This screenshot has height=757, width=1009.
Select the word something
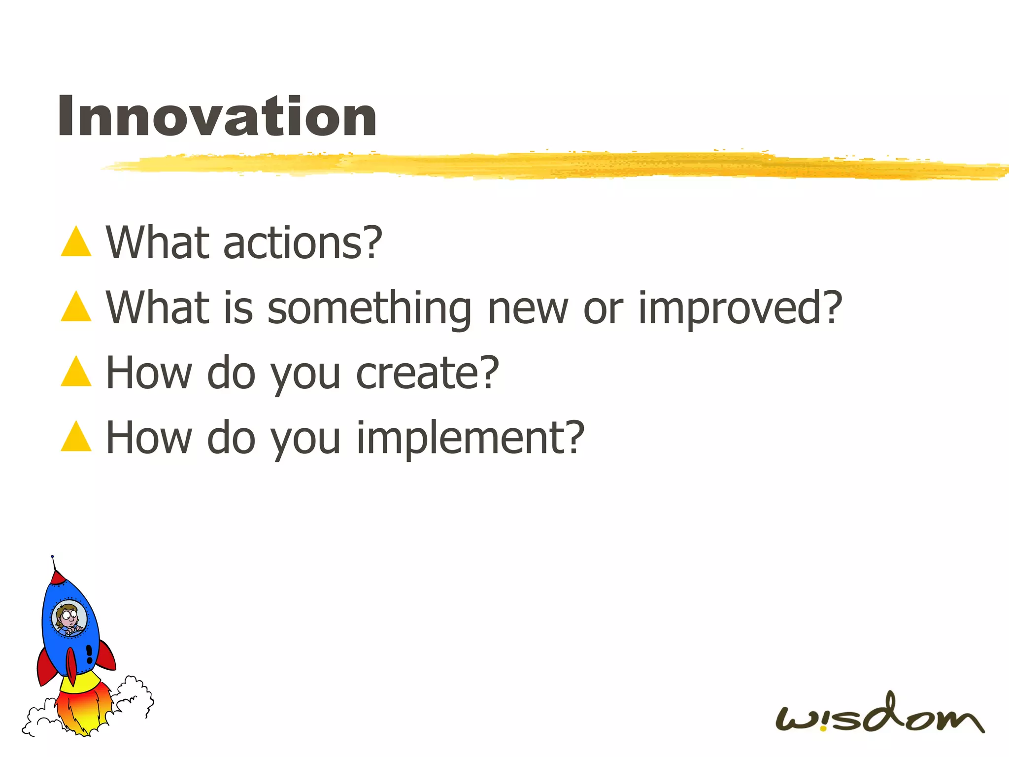click(370, 309)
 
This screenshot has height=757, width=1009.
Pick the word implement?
click(471, 438)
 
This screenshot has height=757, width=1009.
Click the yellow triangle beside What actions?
click(76, 242)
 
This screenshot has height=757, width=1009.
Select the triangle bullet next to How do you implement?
click(76, 437)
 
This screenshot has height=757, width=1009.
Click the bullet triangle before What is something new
click(76, 307)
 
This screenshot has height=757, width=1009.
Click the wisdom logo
click(879, 715)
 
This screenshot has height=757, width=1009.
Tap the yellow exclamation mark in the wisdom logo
click(823, 722)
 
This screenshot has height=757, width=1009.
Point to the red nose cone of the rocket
click(58, 577)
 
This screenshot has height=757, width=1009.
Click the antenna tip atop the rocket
click(52, 556)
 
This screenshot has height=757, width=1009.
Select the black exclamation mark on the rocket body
click(89, 654)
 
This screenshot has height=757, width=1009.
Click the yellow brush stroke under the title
click(542, 165)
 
